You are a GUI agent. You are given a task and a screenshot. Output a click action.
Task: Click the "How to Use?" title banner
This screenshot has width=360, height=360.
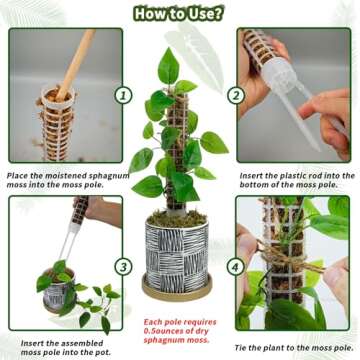[179, 14]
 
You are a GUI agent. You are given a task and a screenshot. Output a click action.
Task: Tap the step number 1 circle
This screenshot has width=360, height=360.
[123, 95]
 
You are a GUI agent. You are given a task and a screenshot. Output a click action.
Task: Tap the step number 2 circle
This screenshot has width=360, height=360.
[235, 95]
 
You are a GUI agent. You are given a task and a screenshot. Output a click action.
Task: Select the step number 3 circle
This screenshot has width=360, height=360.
[122, 267]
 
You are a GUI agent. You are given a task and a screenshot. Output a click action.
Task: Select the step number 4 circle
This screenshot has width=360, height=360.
[236, 267]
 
